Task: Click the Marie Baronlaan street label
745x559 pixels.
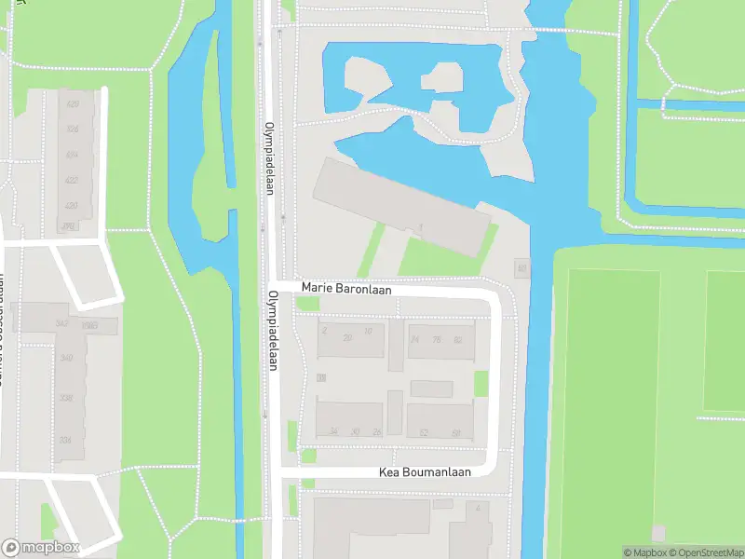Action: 345,290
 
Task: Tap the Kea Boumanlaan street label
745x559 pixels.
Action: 425,472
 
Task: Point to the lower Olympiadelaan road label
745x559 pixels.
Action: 274,330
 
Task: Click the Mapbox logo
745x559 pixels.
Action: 41,548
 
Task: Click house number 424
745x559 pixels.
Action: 72,155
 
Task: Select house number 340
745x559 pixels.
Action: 66,358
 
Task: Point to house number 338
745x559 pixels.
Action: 66,399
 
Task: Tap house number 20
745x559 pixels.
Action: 347,338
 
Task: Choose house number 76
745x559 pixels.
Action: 437,340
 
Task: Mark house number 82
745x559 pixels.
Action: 457,340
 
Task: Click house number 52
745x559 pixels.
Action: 425,432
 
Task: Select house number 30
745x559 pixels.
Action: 355,431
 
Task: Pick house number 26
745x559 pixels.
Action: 376,431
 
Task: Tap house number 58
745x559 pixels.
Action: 456,432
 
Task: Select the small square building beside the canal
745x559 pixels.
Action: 521,269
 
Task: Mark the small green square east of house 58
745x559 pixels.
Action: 481,383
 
